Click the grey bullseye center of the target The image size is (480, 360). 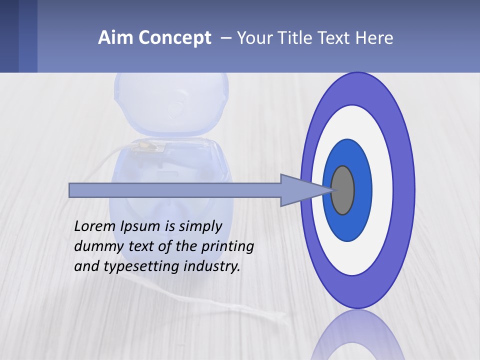click(343, 190)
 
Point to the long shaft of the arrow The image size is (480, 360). click(175, 190)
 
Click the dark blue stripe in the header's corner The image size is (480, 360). click(9, 36)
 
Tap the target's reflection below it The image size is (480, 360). click(357, 337)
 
